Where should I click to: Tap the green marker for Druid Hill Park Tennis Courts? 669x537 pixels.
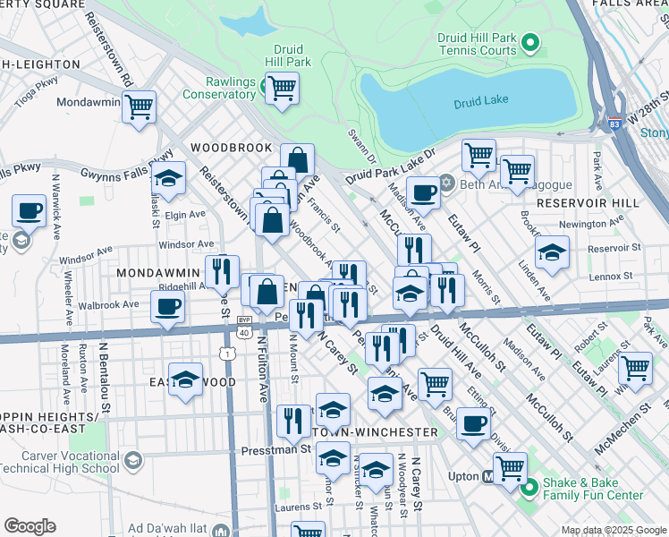[x=529, y=42]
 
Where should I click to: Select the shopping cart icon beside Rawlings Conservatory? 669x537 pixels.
[x=282, y=88]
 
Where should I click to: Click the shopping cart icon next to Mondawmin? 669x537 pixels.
[x=139, y=107]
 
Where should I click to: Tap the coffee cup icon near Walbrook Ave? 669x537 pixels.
[x=167, y=308]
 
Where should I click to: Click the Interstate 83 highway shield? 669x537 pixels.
[x=613, y=123]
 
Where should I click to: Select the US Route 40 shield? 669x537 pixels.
[x=244, y=332]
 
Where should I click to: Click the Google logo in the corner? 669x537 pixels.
[x=30, y=526]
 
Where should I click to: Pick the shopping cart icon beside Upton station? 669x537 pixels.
[x=510, y=468]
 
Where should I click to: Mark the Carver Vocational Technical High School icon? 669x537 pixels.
[x=133, y=460]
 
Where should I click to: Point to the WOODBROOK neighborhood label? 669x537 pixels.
[x=231, y=148]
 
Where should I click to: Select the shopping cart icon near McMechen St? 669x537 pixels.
[x=634, y=368]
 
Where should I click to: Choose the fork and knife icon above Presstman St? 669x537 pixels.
[x=292, y=420]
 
